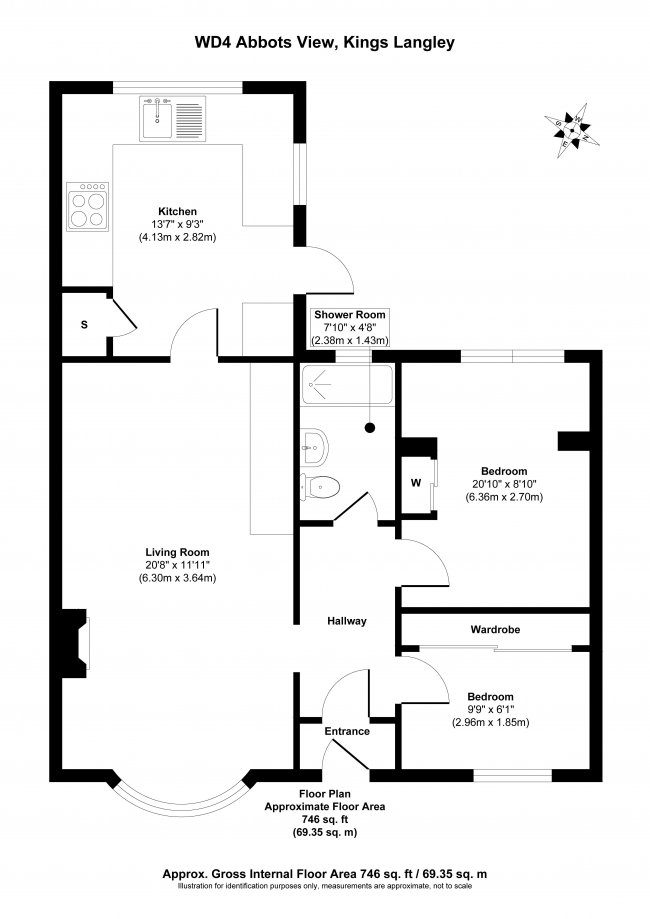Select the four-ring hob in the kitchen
tap(87, 208)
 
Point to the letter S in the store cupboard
tap(83, 324)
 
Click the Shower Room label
tap(349, 315)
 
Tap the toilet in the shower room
tap(321, 487)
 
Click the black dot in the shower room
tap(371, 427)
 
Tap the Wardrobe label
tap(495, 630)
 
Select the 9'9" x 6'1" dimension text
tap(490, 710)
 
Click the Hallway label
tap(347, 621)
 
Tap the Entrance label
tap(347, 731)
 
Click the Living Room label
tap(177, 552)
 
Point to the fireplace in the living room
tap(76, 642)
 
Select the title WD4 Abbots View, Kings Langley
tap(324, 44)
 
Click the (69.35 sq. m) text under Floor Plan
tap(324, 832)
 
